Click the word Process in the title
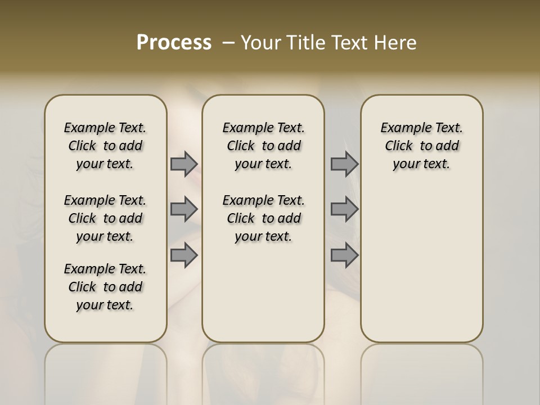(x=174, y=43)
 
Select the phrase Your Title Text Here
(x=328, y=43)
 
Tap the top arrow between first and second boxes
(x=184, y=164)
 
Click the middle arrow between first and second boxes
(x=184, y=209)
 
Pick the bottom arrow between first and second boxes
(x=184, y=255)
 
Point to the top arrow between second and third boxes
(x=344, y=164)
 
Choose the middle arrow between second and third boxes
(x=344, y=209)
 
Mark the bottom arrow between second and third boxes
(x=344, y=255)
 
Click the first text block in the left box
(x=105, y=146)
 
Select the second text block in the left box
(x=105, y=218)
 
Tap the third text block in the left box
(x=105, y=287)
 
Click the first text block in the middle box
(x=263, y=146)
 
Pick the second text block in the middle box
(x=263, y=218)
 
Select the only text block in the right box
(x=422, y=146)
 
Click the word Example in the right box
(x=404, y=128)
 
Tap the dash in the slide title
(x=229, y=43)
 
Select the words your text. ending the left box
(x=105, y=305)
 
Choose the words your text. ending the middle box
(x=263, y=236)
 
